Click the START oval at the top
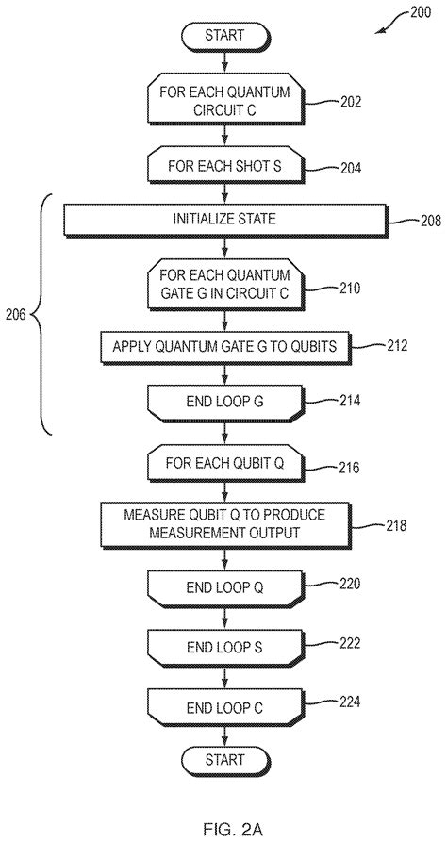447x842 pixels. click(224, 37)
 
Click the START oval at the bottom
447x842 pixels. click(224, 760)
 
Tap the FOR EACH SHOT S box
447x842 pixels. click(225, 166)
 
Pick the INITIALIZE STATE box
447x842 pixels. click(225, 220)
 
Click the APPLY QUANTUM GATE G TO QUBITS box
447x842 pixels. click(225, 347)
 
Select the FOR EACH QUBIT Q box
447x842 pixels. click(225, 464)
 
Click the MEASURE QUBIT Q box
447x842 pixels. click(225, 524)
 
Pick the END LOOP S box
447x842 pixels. click(225, 648)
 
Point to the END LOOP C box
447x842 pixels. click(225, 709)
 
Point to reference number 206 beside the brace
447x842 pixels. click(16, 315)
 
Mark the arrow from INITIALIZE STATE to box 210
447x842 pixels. click(225, 248)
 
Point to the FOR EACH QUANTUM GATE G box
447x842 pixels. click(225, 284)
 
